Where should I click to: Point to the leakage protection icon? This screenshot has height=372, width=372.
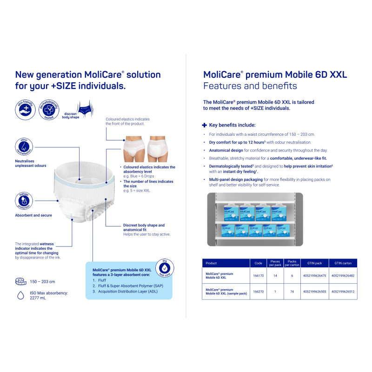tap(24, 200)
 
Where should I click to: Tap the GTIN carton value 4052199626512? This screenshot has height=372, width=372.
tap(344, 292)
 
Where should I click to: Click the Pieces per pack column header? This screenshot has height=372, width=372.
tap(275, 263)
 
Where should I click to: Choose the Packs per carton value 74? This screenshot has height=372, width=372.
tap(292, 292)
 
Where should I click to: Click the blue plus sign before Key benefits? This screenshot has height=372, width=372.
tap(205, 125)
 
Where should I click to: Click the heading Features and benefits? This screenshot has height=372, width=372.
tap(250, 86)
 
